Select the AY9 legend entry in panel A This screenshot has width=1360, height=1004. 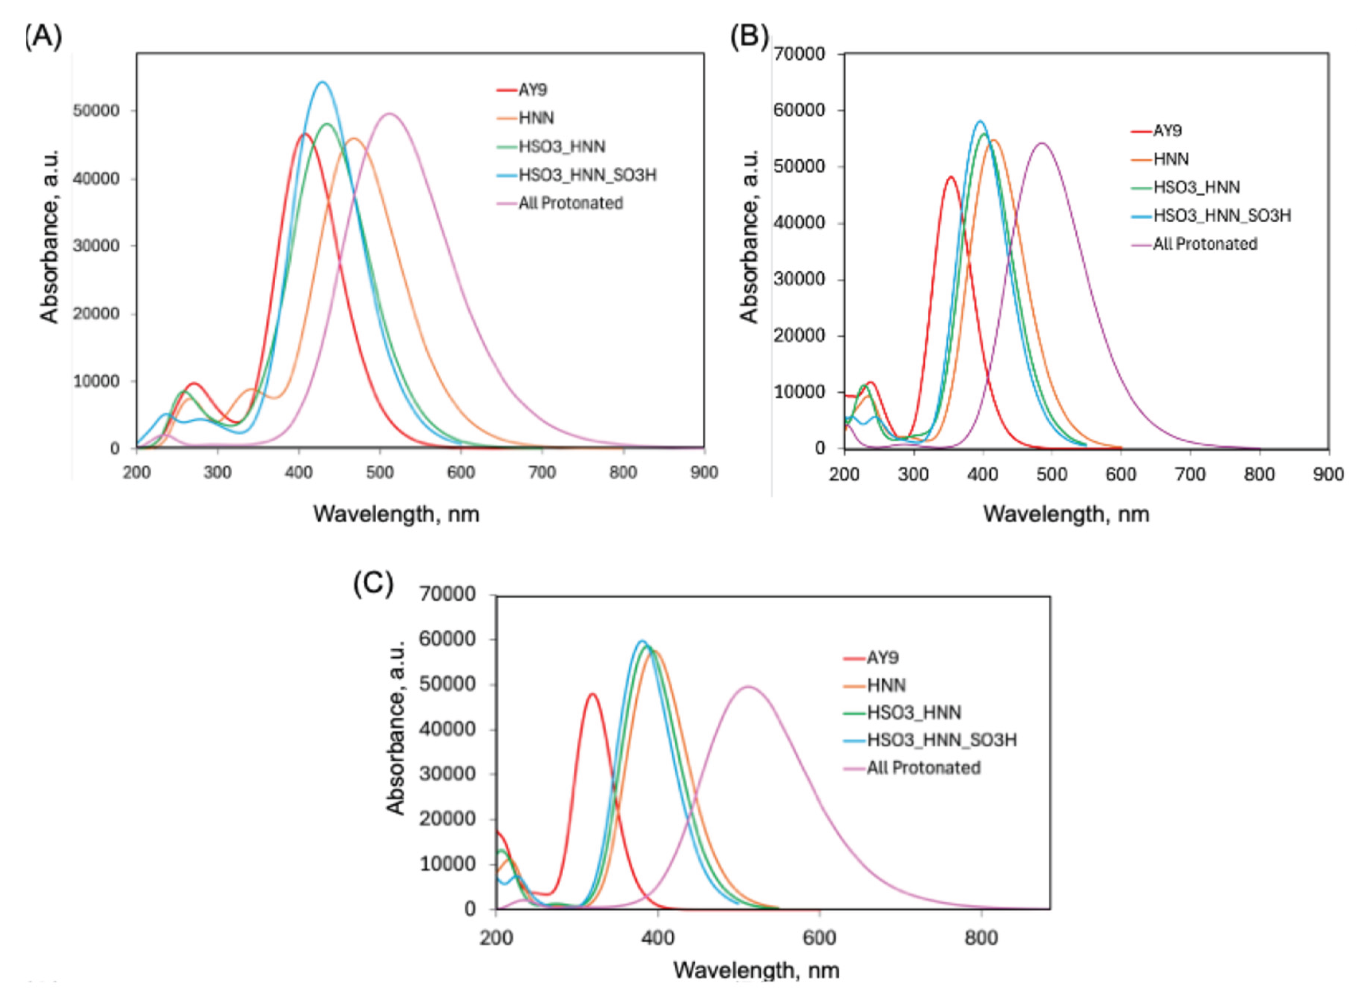[x=532, y=90]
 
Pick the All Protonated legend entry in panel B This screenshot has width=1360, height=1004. [x=1205, y=244]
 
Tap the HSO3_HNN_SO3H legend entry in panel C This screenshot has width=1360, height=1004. [x=941, y=740]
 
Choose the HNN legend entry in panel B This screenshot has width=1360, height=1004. [x=1170, y=158]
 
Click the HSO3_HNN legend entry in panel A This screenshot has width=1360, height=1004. [x=561, y=147]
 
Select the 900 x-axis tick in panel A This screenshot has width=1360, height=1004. [x=704, y=472]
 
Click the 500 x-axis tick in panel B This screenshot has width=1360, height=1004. [x=1051, y=474]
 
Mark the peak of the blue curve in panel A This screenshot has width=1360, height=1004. [x=322, y=82]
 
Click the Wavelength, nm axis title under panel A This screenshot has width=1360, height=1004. [x=396, y=514]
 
